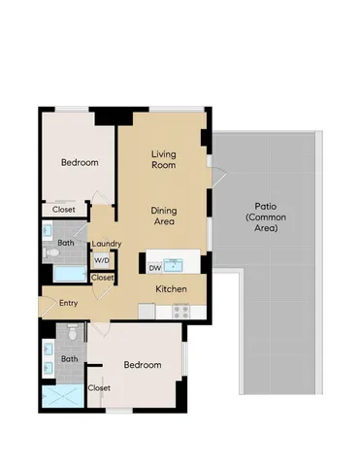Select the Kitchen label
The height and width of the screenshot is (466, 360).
[x=171, y=289]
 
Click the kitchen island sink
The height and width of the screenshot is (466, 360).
[x=174, y=264]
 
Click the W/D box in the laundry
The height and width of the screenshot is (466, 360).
[x=101, y=261]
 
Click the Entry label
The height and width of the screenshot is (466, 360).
[x=68, y=304]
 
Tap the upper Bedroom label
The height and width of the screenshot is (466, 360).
[x=79, y=163]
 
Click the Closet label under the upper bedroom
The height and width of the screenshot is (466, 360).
[x=64, y=209]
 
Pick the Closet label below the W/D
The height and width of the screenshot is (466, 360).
[x=102, y=278]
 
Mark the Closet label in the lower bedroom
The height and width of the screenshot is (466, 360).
[x=99, y=388]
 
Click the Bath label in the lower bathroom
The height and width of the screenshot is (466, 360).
[x=69, y=358]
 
